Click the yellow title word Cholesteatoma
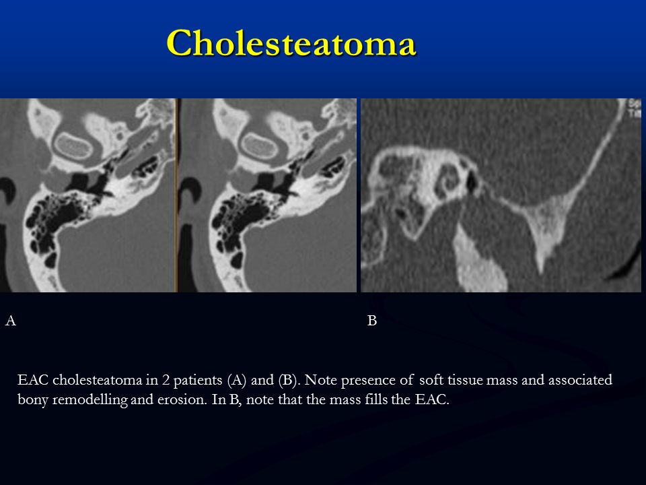(291, 43)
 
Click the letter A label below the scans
(11, 321)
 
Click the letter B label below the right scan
(371, 321)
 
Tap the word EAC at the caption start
(33, 379)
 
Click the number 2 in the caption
(166, 380)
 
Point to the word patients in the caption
(198, 380)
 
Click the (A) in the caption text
(236, 380)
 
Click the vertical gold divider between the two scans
(176, 195)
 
